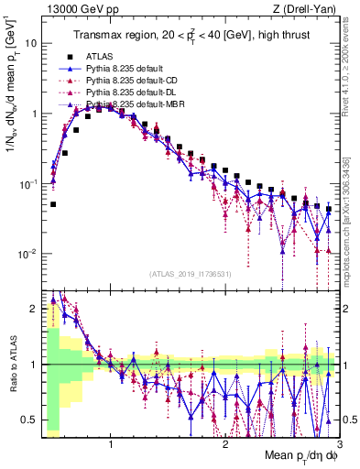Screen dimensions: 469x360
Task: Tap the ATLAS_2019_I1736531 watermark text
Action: tap(190, 273)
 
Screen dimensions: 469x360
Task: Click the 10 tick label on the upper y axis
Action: tap(30, 43)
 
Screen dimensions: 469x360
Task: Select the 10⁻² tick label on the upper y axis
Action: tap(27, 254)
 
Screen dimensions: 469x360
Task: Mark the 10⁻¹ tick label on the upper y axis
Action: tap(27, 183)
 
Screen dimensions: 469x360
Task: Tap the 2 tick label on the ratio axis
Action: tap(34, 309)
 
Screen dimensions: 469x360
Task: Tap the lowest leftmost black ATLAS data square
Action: tap(53, 204)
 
